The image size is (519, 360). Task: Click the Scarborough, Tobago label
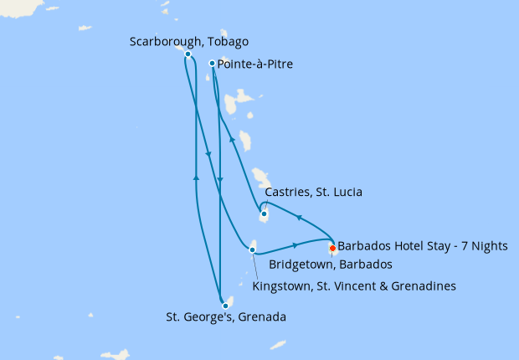click(189, 42)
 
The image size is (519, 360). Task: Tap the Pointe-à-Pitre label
click(254, 64)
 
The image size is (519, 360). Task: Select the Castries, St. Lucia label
click(313, 193)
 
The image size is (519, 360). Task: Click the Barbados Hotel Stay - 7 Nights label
click(408, 247)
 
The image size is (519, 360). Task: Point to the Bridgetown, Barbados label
click(331, 265)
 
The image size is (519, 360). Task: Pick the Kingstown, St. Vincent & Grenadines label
click(353, 286)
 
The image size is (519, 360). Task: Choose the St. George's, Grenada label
click(225, 317)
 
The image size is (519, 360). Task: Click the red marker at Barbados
click(332, 248)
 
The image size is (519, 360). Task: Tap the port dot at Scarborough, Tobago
click(188, 54)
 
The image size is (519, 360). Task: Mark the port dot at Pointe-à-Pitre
click(212, 63)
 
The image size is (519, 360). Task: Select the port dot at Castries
click(264, 214)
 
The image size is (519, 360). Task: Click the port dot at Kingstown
click(253, 249)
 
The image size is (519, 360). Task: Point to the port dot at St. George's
click(225, 306)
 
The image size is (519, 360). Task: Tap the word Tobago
click(229, 42)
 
